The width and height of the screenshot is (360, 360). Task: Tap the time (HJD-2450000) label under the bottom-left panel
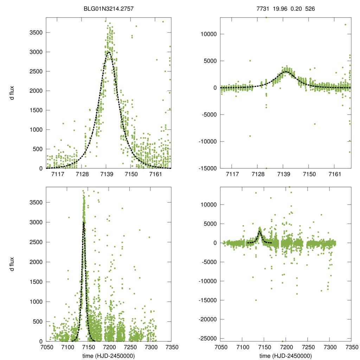tap(109, 356)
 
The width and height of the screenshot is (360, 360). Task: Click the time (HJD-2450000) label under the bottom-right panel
tap(286, 356)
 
